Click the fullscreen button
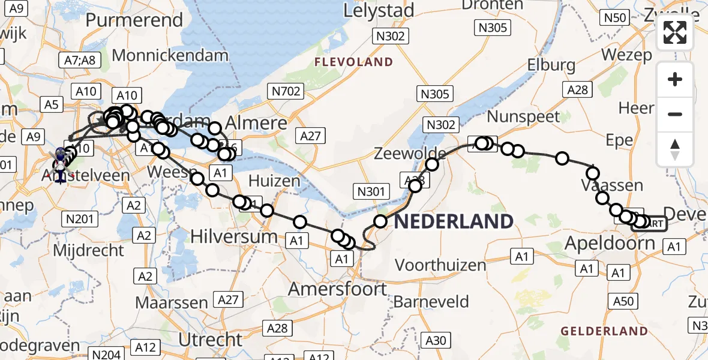(675, 33)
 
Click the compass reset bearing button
(675, 149)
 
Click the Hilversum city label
(234, 236)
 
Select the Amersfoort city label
(338, 289)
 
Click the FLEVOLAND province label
(354, 62)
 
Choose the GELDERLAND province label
(604, 331)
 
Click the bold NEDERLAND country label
(454, 221)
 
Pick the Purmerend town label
(134, 20)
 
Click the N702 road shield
(285, 91)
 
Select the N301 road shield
(371, 191)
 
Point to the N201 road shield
(80, 219)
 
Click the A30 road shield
(436, 341)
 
